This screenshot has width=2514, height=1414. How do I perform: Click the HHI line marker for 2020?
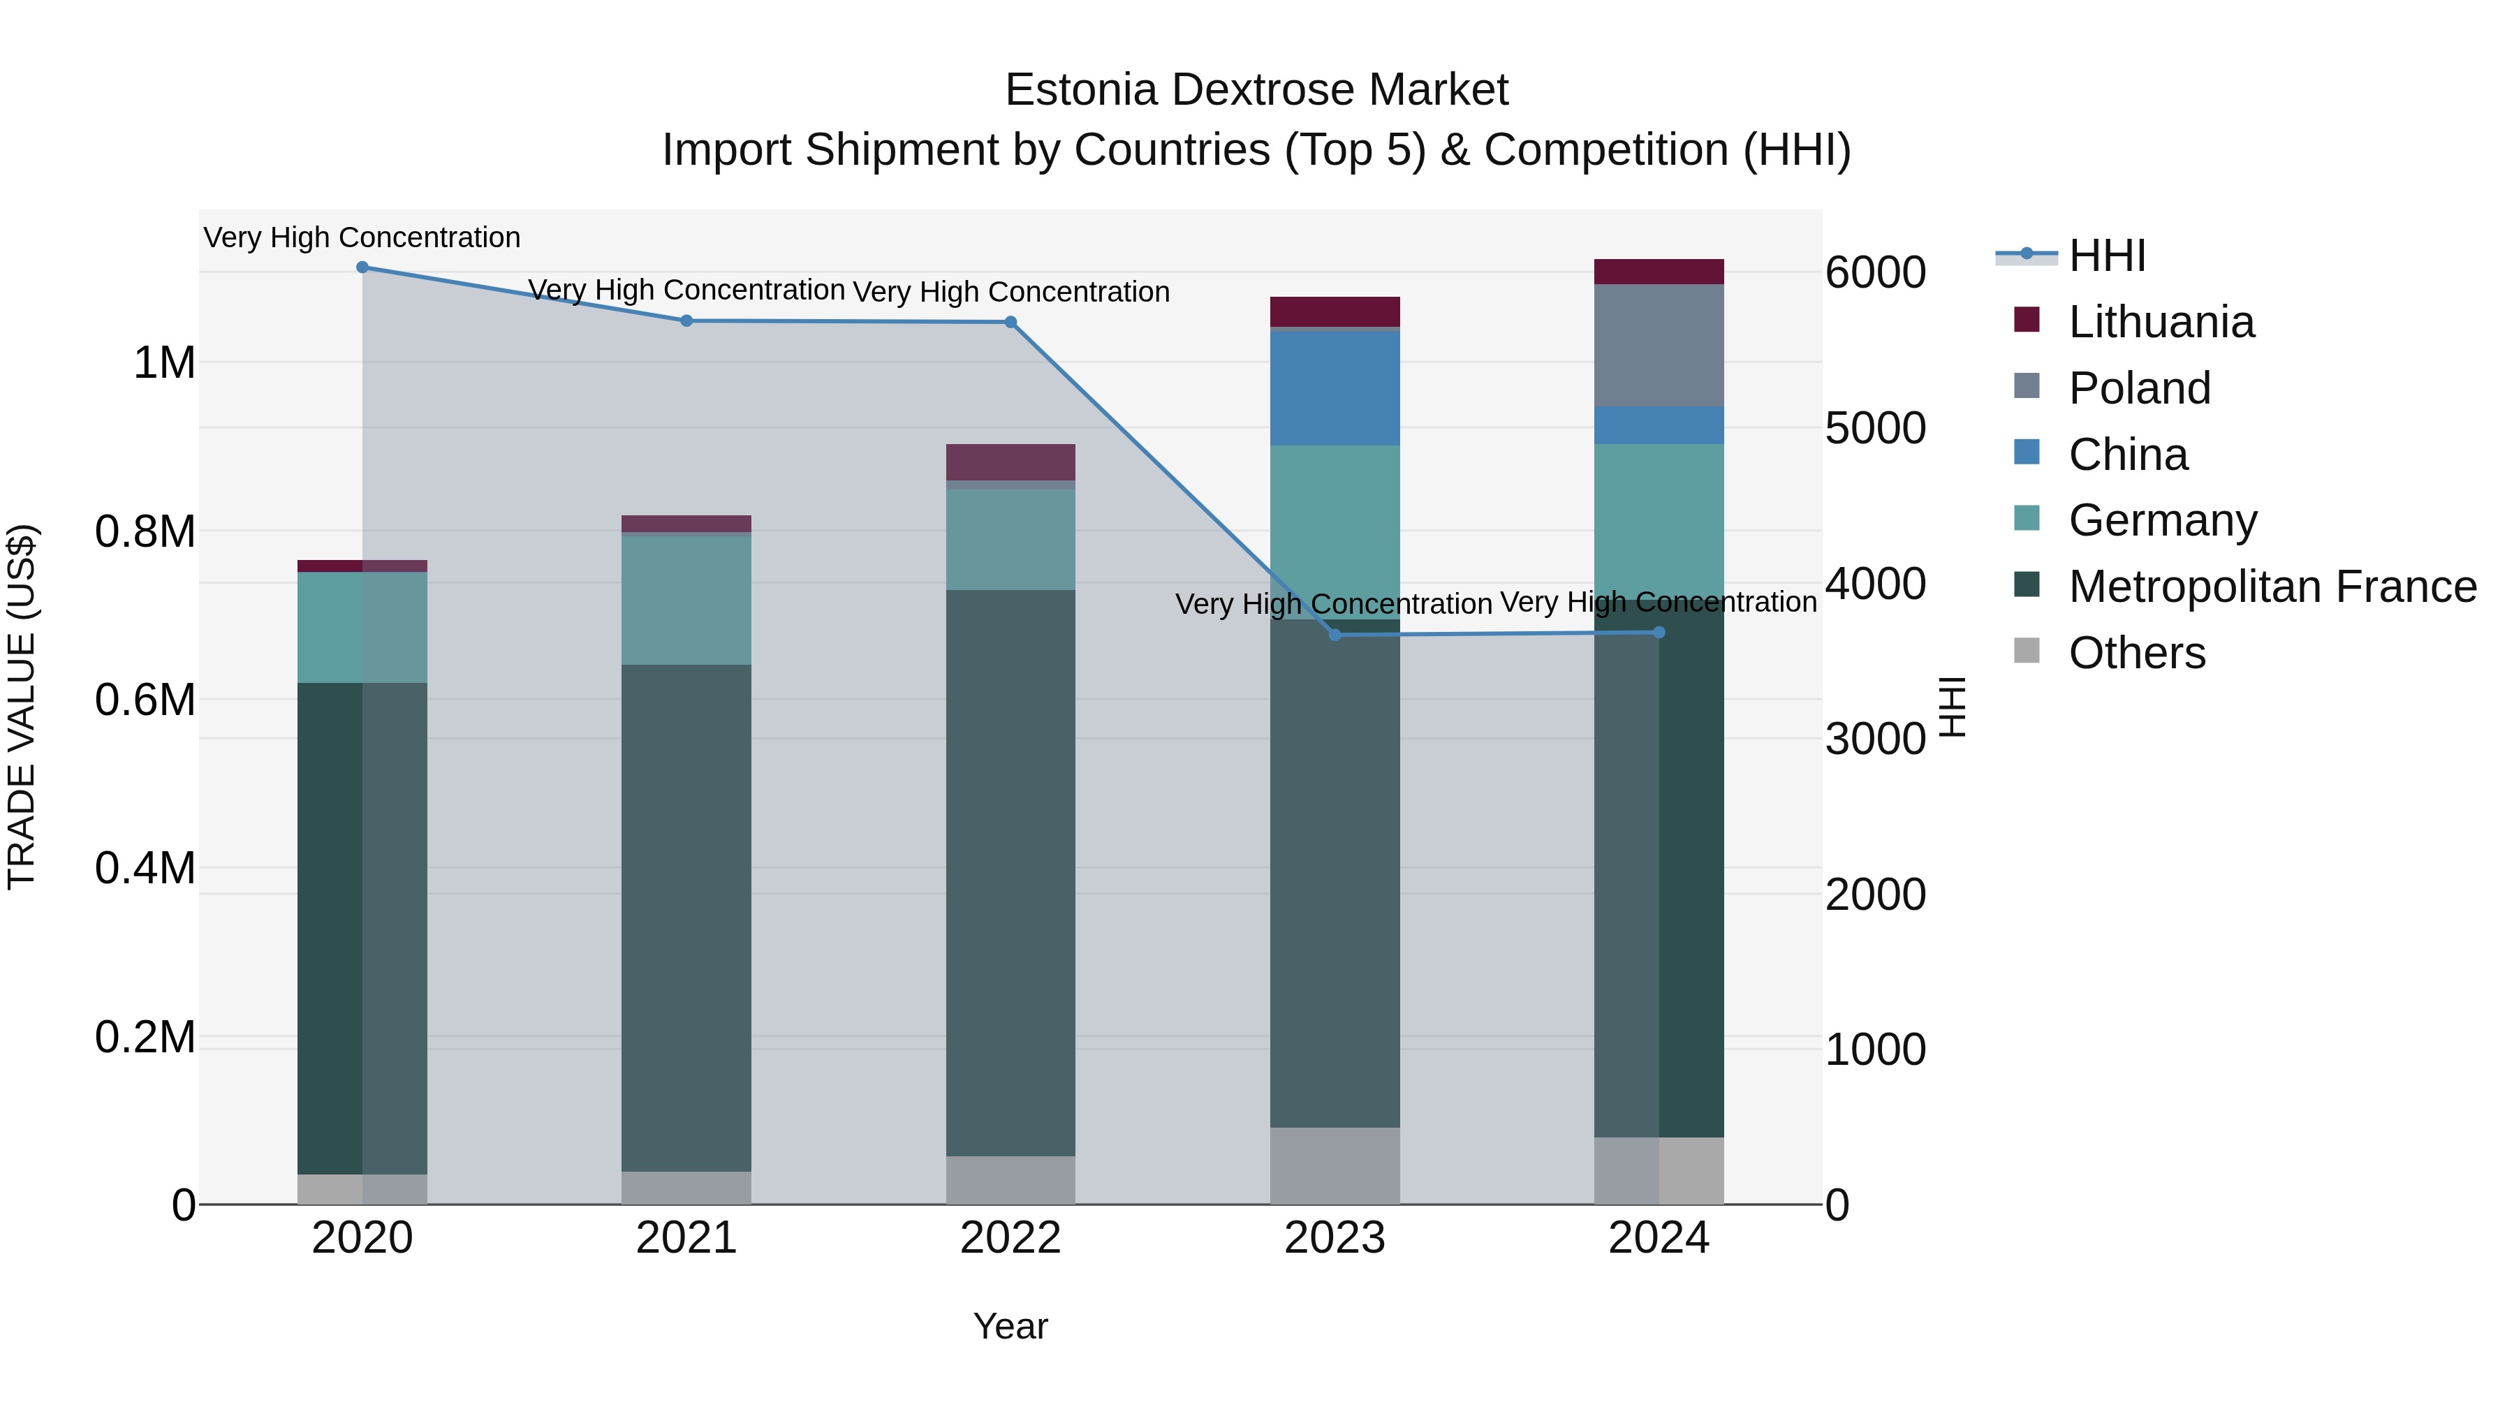coord(362,267)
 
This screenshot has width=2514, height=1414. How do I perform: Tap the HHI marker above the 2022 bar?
coord(1010,322)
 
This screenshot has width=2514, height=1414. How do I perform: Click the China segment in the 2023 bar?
coord(1334,388)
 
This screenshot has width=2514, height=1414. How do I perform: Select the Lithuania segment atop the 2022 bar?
coord(1010,462)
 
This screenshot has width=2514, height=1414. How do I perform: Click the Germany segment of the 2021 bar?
coord(686,599)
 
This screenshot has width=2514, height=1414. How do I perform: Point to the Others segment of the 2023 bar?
coord(1334,1165)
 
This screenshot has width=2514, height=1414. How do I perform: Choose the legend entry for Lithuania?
coord(2161,322)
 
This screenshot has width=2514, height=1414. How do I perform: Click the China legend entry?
coord(2128,455)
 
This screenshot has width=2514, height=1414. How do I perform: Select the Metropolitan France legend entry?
coord(2272,587)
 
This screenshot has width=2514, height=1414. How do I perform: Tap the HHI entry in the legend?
coord(2106,256)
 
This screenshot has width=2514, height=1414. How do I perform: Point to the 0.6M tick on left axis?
coord(145,700)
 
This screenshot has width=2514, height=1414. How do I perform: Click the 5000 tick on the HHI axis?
coord(1875,429)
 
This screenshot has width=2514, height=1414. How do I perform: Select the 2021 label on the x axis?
coord(686,1238)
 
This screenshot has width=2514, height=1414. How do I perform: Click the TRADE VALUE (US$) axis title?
coord(22,707)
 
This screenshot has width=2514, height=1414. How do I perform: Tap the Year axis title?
coord(1010,1326)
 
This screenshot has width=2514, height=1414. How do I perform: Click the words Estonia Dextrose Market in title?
coord(1256,90)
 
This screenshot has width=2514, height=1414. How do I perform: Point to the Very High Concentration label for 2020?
coord(362,237)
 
